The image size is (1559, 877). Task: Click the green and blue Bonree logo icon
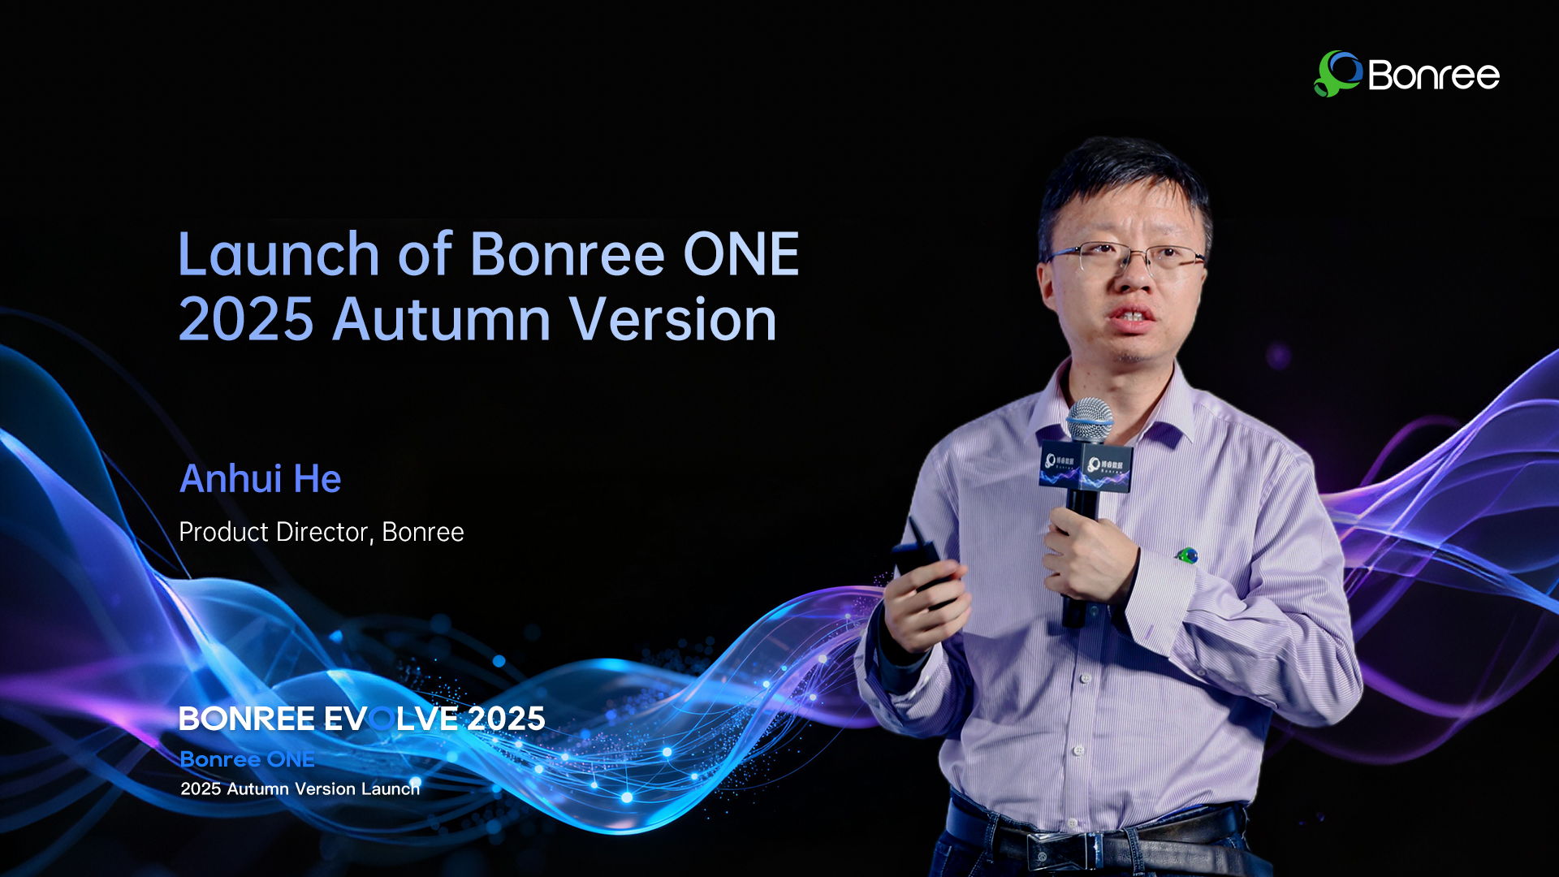(1337, 74)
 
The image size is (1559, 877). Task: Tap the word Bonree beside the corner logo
(1433, 76)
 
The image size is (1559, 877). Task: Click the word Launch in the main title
(278, 254)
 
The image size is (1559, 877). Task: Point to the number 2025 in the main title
(245, 319)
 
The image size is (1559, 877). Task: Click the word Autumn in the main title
(442, 319)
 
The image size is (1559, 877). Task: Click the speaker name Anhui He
(260, 478)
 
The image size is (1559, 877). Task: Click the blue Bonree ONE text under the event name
(247, 759)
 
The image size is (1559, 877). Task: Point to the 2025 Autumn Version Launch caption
(300, 788)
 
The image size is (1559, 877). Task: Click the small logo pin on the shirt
(1187, 555)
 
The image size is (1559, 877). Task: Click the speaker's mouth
(1131, 315)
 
